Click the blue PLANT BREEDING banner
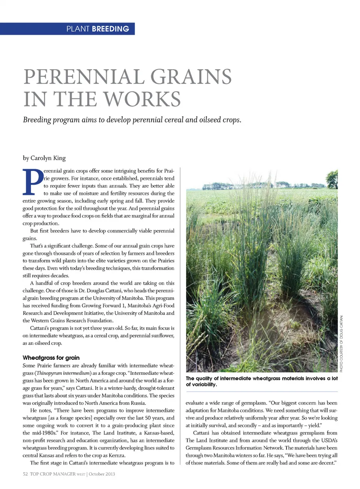tap(67, 29)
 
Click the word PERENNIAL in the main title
tap(83, 77)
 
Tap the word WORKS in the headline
tap(142, 99)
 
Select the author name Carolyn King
tap(48, 158)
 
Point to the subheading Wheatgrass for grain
tap(51, 357)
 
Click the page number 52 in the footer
tap(25, 474)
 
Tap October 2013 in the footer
tap(102, 474)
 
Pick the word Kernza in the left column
tap(117, 455)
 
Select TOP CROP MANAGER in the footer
tap(53, 474)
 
